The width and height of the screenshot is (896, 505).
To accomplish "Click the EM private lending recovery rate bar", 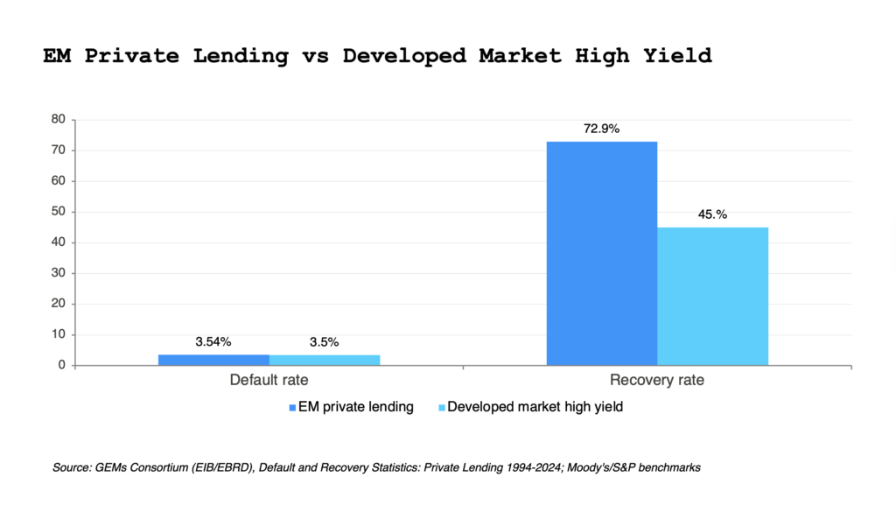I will coord(601,253).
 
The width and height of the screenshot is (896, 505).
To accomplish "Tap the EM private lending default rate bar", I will coord(213,360).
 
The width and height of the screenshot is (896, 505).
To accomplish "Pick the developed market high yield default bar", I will coord(324,360).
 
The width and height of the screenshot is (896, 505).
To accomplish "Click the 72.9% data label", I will coord(601,129).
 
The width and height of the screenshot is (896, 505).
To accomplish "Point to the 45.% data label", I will coord(712,214).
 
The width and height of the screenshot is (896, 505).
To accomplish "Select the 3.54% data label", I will coord(213,341).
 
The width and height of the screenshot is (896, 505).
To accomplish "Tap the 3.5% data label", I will coord(324,341).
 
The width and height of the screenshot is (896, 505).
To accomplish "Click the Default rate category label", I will coord(269,381).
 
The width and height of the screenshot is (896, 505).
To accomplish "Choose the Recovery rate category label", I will coord(656,381).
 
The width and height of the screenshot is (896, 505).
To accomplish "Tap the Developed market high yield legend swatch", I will coord(441,407).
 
